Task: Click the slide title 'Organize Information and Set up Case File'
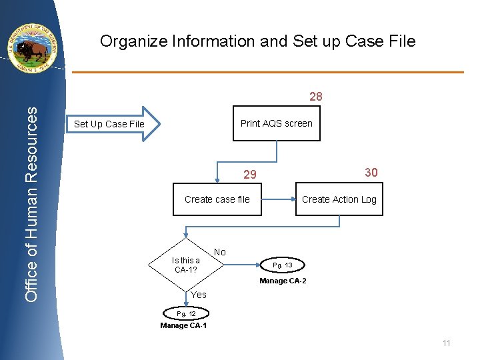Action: click(x=257, y=41)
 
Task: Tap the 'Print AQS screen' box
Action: click(x=276, y=123)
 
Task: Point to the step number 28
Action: click(x=316, y=97)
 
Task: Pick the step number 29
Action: click(x=249, y=175)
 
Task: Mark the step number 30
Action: click(x=371, y=173)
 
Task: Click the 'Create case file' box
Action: click(x=217, y=199)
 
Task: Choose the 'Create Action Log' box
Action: click(x=339, y=199)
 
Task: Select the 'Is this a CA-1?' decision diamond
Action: click(x=186, y=265)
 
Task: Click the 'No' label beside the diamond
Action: click(x=220, y=252)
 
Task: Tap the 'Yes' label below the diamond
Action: click(x=199, y=295)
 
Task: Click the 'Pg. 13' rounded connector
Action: click(x=283, y=265)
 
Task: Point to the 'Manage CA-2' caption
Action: click(x=283, y=281)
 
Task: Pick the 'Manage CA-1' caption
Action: click(x=183, y=325)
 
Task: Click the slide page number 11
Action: click(x=447, y=343)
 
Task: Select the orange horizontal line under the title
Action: click(x=267, y=72)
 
